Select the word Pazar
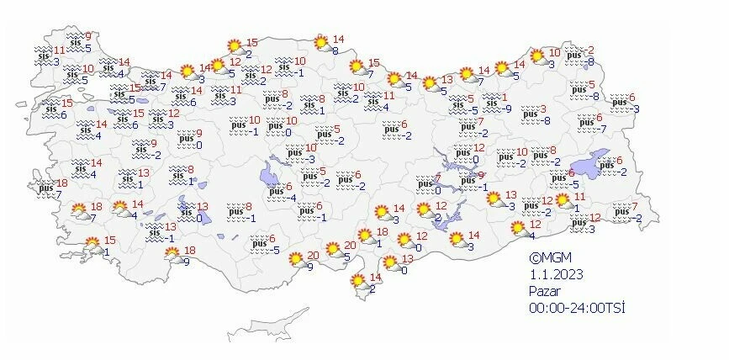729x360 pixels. (545, 291)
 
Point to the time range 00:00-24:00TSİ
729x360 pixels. (577, 308)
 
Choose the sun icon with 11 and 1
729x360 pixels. (563, 202)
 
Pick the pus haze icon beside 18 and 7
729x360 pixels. (45, 189)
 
